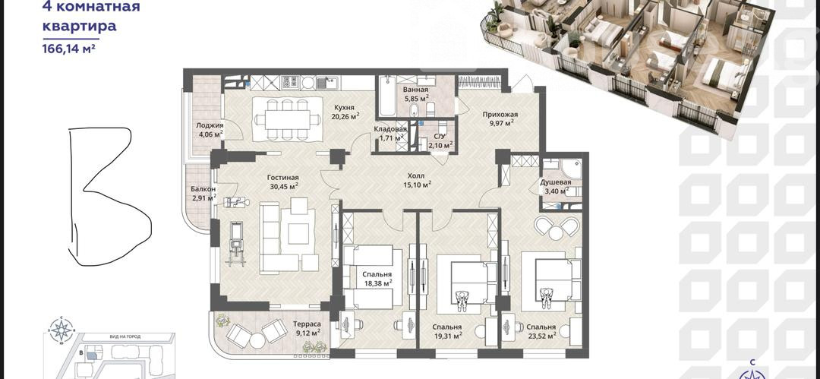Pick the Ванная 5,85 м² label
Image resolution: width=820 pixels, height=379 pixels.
coord(416,93)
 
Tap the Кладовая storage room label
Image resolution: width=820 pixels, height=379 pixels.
coord(390,130)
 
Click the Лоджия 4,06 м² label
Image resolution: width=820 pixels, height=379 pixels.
coord(210,129)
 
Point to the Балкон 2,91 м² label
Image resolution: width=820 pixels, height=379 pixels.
coord(204,193)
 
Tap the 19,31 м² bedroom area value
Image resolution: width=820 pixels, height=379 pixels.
coord(447,336)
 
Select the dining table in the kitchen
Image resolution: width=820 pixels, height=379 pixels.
coord(287,119)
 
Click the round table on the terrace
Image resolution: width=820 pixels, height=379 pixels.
coord(257,340)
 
